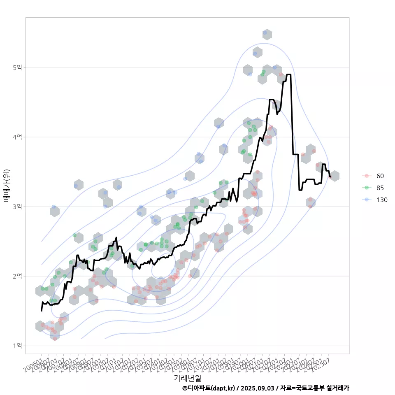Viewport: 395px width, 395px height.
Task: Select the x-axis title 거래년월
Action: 187,377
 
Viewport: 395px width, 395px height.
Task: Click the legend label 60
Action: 380,176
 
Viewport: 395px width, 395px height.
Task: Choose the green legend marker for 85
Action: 366,188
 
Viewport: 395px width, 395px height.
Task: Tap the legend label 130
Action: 382,200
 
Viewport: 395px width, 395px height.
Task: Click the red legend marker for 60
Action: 366,176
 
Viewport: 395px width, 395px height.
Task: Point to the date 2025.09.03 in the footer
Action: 259,388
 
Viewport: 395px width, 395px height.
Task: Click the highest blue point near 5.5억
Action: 265,33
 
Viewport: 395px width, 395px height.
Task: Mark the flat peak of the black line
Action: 288,74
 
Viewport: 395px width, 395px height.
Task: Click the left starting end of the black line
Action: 42,311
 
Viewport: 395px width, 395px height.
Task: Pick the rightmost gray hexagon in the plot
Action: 335,176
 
